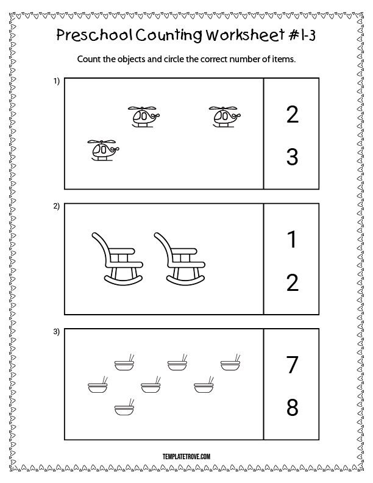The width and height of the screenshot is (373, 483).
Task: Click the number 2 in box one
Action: pos(293,115)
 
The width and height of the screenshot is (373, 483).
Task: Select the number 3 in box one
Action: pos(293,157)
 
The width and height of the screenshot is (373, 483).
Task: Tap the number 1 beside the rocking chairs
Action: pos(293,239)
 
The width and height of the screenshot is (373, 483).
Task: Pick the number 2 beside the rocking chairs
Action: pos(293,283)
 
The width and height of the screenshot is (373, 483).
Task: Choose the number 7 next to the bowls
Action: pos(293,365)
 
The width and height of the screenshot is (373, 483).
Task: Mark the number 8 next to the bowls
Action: pos(293,407)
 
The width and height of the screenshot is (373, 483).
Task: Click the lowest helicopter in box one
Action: pos(103,150)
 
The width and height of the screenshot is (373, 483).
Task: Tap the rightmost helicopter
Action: pos(225,116)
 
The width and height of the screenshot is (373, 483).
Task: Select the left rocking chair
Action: pos(118,259)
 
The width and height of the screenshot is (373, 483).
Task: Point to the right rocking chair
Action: pos(179,259)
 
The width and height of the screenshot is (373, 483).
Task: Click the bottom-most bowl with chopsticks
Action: pos(124,407)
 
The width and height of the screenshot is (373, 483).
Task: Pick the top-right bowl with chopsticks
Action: pos(230,362)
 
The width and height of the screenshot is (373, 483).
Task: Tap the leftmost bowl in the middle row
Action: pos(98,384)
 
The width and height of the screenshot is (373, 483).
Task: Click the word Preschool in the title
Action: pos(94,35)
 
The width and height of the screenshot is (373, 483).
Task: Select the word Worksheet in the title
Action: pos(245,35)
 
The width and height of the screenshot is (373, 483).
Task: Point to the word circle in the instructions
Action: pos(174,59)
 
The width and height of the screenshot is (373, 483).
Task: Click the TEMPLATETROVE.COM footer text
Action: pos(187,457)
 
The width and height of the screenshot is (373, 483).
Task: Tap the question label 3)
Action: pos(56,332)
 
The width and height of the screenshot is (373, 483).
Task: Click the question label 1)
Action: pos(56,81)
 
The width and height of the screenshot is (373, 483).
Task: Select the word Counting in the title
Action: pos(169,35)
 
